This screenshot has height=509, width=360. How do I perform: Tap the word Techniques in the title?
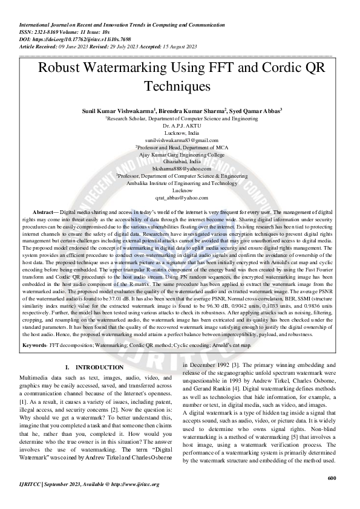coord(181,86)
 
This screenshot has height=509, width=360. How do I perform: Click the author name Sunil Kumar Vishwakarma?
coord(119,111)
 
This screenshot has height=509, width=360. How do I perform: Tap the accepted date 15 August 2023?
coord(178,46)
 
